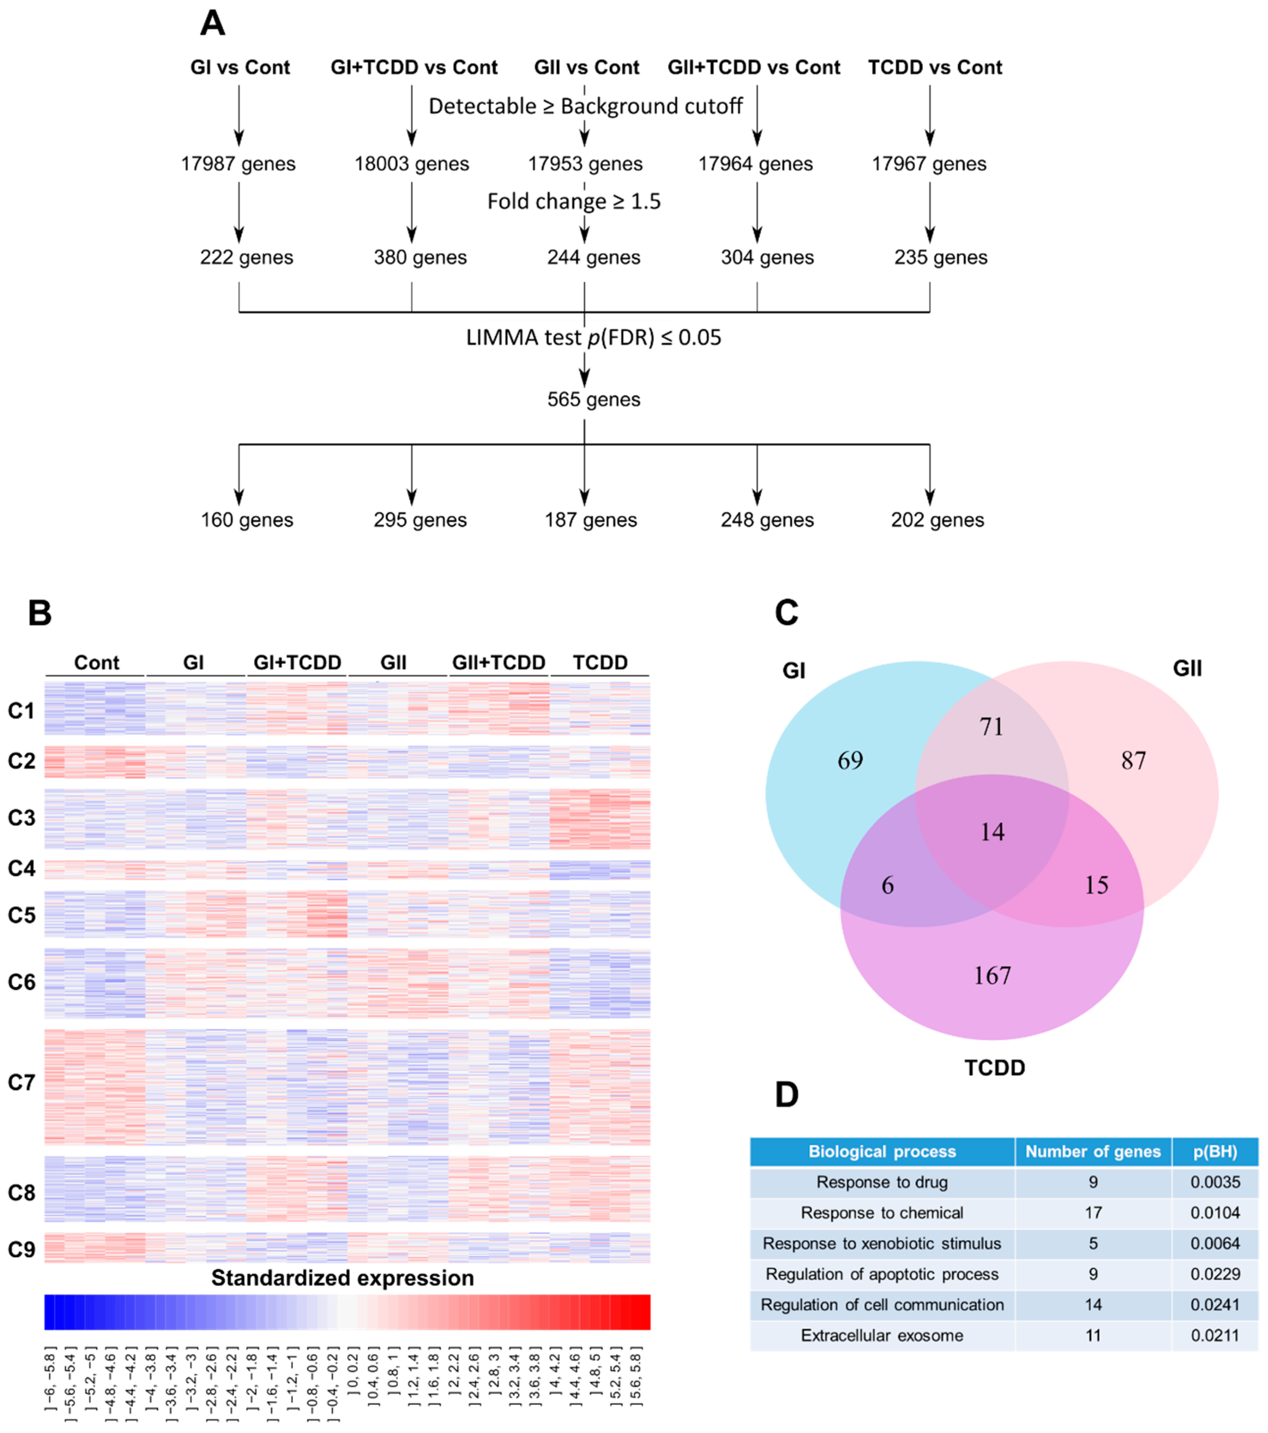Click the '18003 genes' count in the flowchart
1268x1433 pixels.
pos(411,164)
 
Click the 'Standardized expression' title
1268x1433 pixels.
pos(343,1278)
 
